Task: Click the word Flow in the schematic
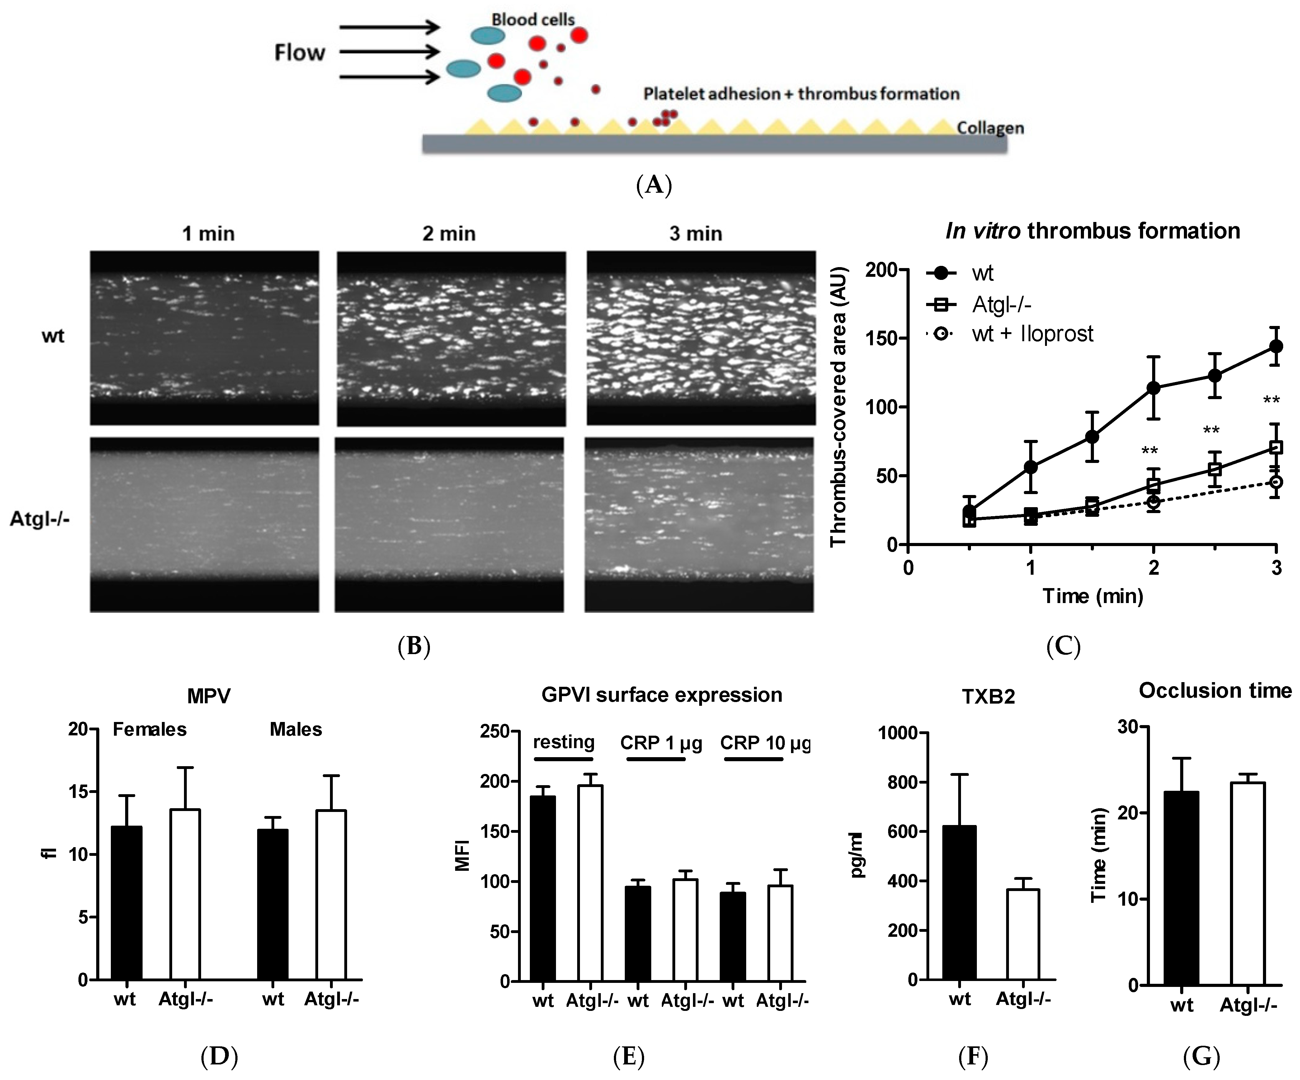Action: [x=299, y=53]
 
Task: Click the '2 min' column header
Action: [x=449, y=234]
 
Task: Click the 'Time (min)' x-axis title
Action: [x=1093, y=596]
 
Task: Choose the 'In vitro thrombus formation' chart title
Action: [x=1093, y=231]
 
